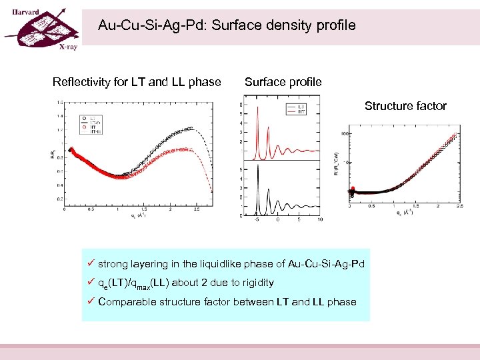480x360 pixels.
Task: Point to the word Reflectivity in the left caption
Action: pyautogui.click(x=81, y=83)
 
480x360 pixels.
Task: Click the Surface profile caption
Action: pyautogui.click(x=283, y=83)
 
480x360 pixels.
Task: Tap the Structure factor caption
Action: pyautogui.click(x=405, y=106)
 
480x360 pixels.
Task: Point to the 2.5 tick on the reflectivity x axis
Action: pyautogui.click(x=197, y=211)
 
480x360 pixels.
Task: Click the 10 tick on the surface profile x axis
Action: pyautogui.click(x=320, y=219)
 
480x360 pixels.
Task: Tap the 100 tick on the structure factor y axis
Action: pyautogui.click(x=346, y=134)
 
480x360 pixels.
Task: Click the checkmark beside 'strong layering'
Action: pyautogui.click(x=91, y=264)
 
